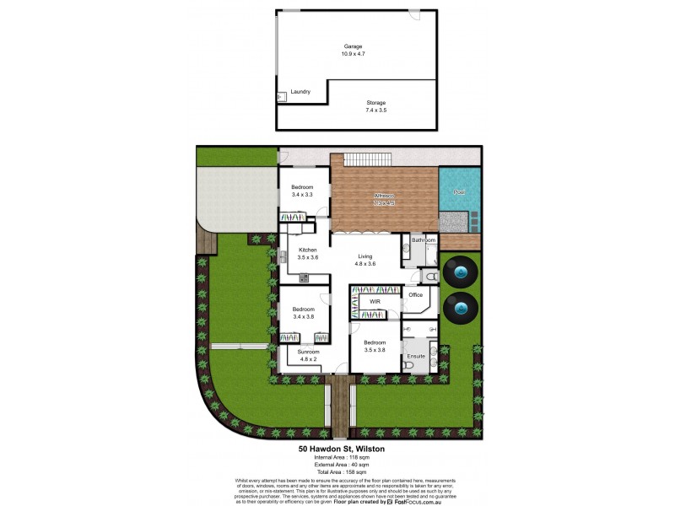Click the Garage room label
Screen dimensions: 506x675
(353, 46)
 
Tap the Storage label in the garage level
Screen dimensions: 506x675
(375, 102)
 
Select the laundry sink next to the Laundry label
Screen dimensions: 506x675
(282, 98)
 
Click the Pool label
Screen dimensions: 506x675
(460, 192)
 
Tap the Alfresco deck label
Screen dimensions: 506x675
(384, 197)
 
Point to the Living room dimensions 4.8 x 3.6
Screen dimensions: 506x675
(365, 264)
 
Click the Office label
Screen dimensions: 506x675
(415, 295)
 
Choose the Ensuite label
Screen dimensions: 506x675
(416, 356)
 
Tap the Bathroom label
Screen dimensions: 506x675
(422, 240)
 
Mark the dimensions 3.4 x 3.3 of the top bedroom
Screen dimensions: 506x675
(302, 195)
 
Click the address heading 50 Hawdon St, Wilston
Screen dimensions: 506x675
(342, 449)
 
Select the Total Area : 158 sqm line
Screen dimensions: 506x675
(342, 472)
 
